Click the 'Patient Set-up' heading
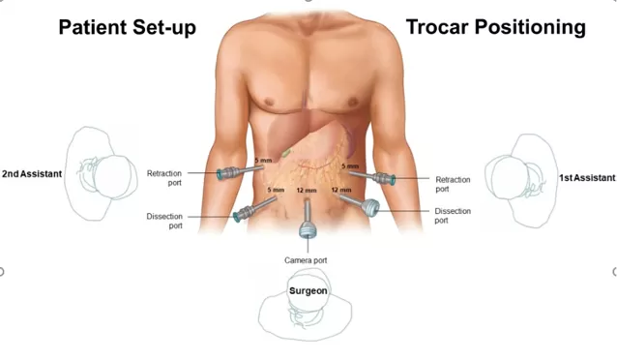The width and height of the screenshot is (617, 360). point(127,27)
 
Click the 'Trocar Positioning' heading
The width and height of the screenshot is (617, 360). point(495,27)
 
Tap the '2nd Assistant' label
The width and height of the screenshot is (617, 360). point(32,174)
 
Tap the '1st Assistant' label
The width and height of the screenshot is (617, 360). point(587,179)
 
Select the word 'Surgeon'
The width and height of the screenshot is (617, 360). point(308,290)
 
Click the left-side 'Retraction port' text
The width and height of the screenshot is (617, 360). point(163,178)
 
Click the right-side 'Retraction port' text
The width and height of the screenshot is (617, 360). point(454,184)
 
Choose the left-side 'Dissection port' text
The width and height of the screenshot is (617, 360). point(163,222)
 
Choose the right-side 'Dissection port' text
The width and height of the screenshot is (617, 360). point(453,216)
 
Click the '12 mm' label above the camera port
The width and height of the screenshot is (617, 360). point(306,191)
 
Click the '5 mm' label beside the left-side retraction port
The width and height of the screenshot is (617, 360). point(262,161)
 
